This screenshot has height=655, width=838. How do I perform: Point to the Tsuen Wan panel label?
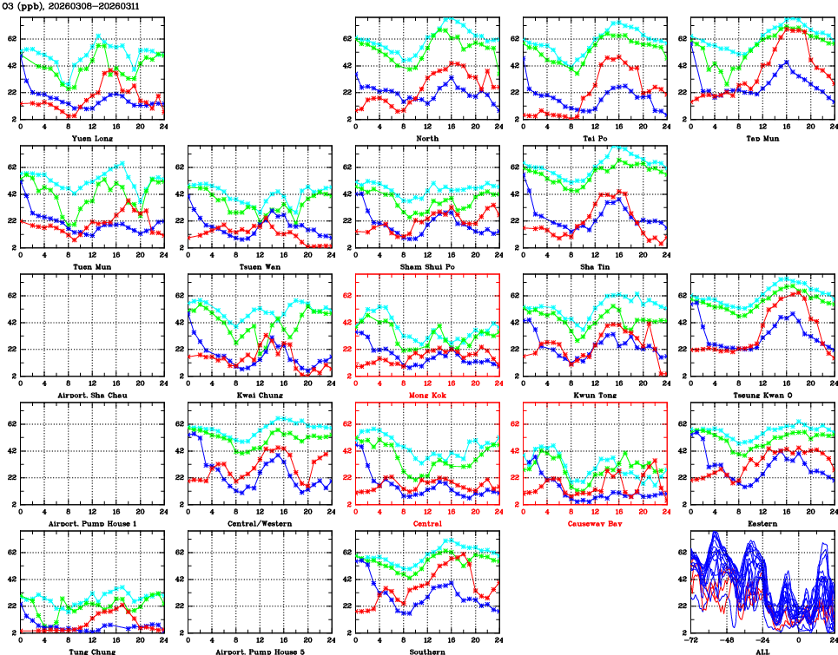pyautogui.click(x=260, y=266)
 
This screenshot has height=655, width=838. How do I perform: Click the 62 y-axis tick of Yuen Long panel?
pyautogui.click(x=12, y=39)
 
